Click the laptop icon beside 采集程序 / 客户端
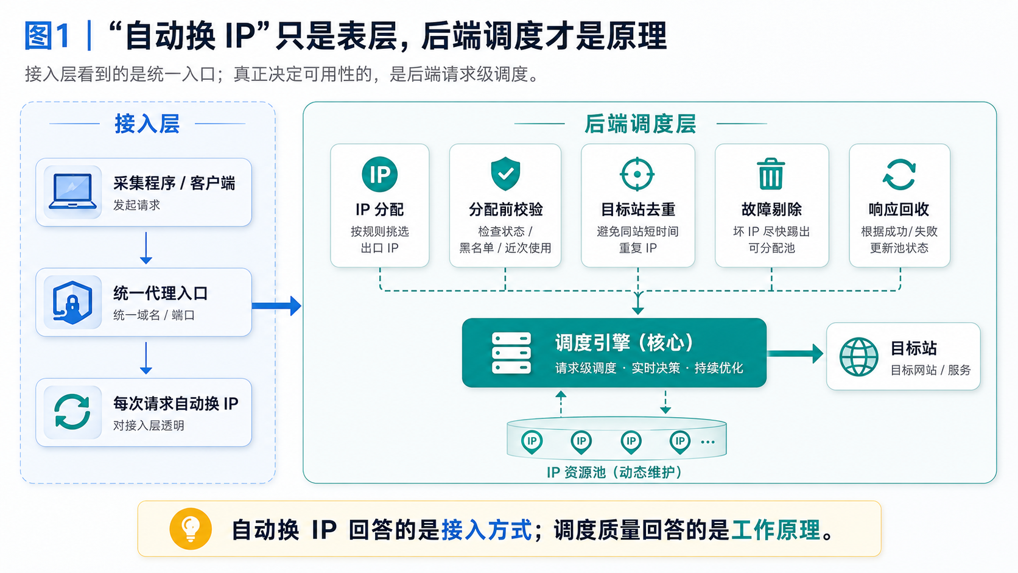click(x=72, y=192)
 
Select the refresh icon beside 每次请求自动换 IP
click(x=72, y=412)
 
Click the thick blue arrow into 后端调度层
click(x=276, y=305)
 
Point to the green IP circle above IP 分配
click(x=379, y=174)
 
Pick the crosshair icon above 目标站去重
click(x=637, y=174)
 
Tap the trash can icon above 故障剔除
click(x=771, y=174)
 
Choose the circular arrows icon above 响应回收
click(x=899, y=174)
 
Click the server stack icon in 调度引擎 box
click(x=511, y=353)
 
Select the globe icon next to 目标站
click(x=858, y=357)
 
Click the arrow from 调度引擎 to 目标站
click(x=795, y=354)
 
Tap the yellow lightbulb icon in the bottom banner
click(x=191, y=529)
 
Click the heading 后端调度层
click(x=640, y=124)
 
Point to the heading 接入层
click(x=147, y=124)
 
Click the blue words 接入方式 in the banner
click(x=486, y=530)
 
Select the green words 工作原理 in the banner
click(x=776, y=530)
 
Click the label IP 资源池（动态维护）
click(x=614, y=473)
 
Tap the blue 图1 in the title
click(x=47, y=36)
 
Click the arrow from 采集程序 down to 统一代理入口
click(x=146, y=248)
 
